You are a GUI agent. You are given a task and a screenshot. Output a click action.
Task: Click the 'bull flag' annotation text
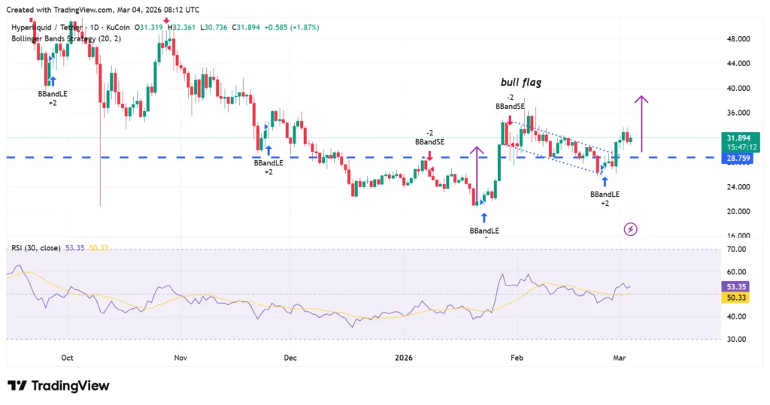tap(521, 83)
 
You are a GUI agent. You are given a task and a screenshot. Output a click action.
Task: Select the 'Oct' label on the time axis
tap(67, 358)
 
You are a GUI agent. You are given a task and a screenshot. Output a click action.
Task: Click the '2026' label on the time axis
tap(405, 358)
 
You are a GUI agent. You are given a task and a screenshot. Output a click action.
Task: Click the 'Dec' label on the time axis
tap(291, 358)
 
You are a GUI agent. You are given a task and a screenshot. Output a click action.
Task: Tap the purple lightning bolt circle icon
tap(631, 228)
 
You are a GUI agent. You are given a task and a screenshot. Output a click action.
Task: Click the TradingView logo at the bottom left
tap(59, 385)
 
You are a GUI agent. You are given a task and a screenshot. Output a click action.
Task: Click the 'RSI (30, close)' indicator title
tap(35, 247)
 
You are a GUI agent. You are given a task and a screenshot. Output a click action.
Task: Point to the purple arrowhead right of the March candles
tap(641, 100)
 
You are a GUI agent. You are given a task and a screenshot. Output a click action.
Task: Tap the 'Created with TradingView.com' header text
tap(103, 10)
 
